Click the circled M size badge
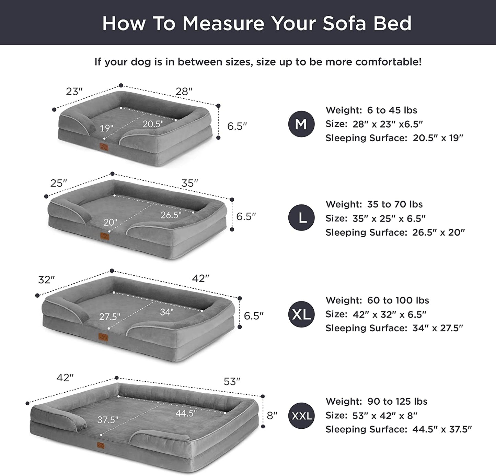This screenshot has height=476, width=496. (x=301, y=124)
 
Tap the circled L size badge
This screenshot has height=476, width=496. (x=301, y=218)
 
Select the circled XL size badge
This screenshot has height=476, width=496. (x=301, y=314)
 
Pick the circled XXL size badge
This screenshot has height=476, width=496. (x=301, y=416)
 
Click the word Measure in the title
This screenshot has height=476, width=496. (x=223, y=23)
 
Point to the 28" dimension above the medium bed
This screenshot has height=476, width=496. (x=184, y=91)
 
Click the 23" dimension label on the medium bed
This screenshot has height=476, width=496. (x=74, y=92)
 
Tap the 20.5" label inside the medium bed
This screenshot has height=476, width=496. (x=153, y=124)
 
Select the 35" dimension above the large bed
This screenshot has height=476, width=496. (x=189, y=183)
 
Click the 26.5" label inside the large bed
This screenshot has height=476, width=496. (x=171, y=215)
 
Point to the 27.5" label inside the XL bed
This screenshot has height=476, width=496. (x=109, y=317)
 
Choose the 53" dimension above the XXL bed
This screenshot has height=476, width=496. (x=232, y=381)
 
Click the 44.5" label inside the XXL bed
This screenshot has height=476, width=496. (x=186, y=413)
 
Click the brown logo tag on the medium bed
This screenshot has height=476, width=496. (x=104, y=147)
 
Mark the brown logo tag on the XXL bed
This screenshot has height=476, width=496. (x=101, y=445)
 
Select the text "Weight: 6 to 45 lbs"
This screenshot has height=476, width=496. (x=371, y=110)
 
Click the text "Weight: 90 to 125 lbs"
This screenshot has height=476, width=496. (x=377, y=401)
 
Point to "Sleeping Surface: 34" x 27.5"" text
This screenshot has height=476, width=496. (x=394, y=328)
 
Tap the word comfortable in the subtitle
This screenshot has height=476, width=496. (x=389, y=62)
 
